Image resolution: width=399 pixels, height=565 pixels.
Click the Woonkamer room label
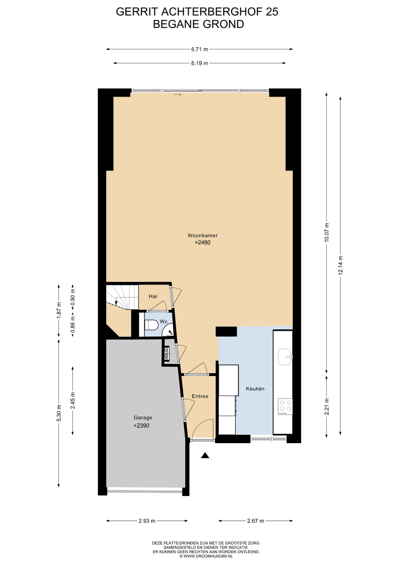[x=202, y=235]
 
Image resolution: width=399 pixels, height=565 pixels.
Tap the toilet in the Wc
[x=151, y=325]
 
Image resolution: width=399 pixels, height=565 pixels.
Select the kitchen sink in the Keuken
[x=285, y=357]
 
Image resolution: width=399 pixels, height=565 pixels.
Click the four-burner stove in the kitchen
[x=285, y=407]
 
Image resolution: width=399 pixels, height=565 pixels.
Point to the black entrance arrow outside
[x=205, y=456]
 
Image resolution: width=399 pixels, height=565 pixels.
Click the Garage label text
[x=143, y=417]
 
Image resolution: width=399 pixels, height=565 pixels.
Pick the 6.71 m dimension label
[x=199, y=49]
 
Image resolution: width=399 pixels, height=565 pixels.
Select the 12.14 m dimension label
[x=341, y=265]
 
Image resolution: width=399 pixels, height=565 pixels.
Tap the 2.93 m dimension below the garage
[x=147, y=521]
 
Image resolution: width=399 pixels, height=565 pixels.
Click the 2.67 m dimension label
[x=256, y=521]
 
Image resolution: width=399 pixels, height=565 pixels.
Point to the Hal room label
[x=153, y=296]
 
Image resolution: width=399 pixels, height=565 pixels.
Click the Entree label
[x=200, y=396]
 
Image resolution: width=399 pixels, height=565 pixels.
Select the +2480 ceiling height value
[x=202, y=242]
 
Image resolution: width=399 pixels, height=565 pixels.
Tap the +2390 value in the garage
[x=141, y=426]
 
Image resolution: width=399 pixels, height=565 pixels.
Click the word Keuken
[x=255, y=388]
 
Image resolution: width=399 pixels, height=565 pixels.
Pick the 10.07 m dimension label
[x=327, y=232]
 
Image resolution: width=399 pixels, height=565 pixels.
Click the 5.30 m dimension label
[x=59, y=413]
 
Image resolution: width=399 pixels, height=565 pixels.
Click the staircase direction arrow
[x=116, y=302]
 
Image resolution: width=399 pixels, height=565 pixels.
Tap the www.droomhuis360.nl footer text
[x=206, y=556]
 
